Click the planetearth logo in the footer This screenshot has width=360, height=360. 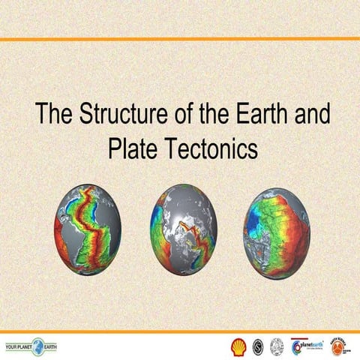point(307,346)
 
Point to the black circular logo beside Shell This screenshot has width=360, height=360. point(257,346)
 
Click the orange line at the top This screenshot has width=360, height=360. point(180,39)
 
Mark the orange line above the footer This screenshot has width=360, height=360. point(180,331)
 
